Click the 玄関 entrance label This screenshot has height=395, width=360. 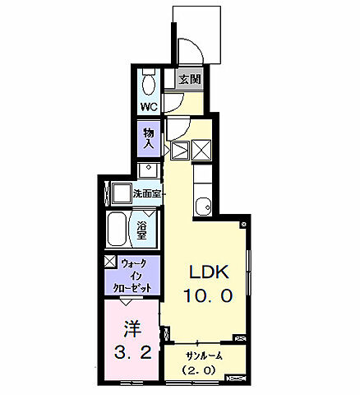click(x=190, y=79)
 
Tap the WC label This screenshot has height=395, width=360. click(x=150, y=106)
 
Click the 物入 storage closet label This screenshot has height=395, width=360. click(x=149, y=139)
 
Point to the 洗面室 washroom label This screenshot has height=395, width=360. click(x=146, y=193)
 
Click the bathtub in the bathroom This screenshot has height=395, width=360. click(x=117, y=230)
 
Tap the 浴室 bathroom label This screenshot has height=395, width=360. click(x=141, y=230)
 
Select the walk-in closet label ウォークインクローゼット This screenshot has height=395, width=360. click(x=133, y=276)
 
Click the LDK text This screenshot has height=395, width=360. click(x=208, y=272)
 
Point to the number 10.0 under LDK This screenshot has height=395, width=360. click(x=208, y=295)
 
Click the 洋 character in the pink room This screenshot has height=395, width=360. click(x=132, y=328)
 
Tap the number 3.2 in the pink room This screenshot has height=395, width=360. click(x=132, y=352)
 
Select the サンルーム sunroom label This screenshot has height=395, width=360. click(x=204, y=356)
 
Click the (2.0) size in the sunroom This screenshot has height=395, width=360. click(x=197, y=370)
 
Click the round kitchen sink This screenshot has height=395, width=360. click(x=203, y=205)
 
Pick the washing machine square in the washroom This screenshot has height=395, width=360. click(x=122, y=193)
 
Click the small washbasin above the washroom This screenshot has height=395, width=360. click(x=148, y=170)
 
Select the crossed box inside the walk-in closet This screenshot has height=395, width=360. click(x=111, y=261)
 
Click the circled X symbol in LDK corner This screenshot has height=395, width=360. click(x=243, y=225)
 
